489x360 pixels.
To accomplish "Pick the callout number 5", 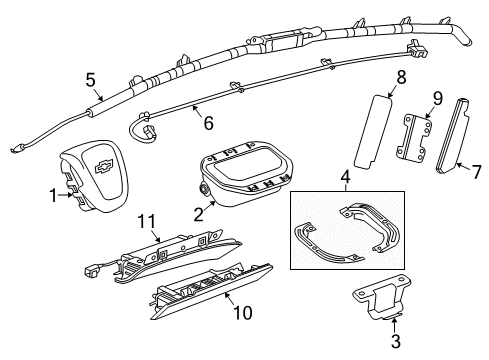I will [91, 78].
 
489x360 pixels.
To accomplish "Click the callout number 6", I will [207, 123].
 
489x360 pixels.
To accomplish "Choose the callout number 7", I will [476, 171].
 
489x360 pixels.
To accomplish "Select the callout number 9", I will [436, 97].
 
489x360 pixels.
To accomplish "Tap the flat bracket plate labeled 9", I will [413, 140].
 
